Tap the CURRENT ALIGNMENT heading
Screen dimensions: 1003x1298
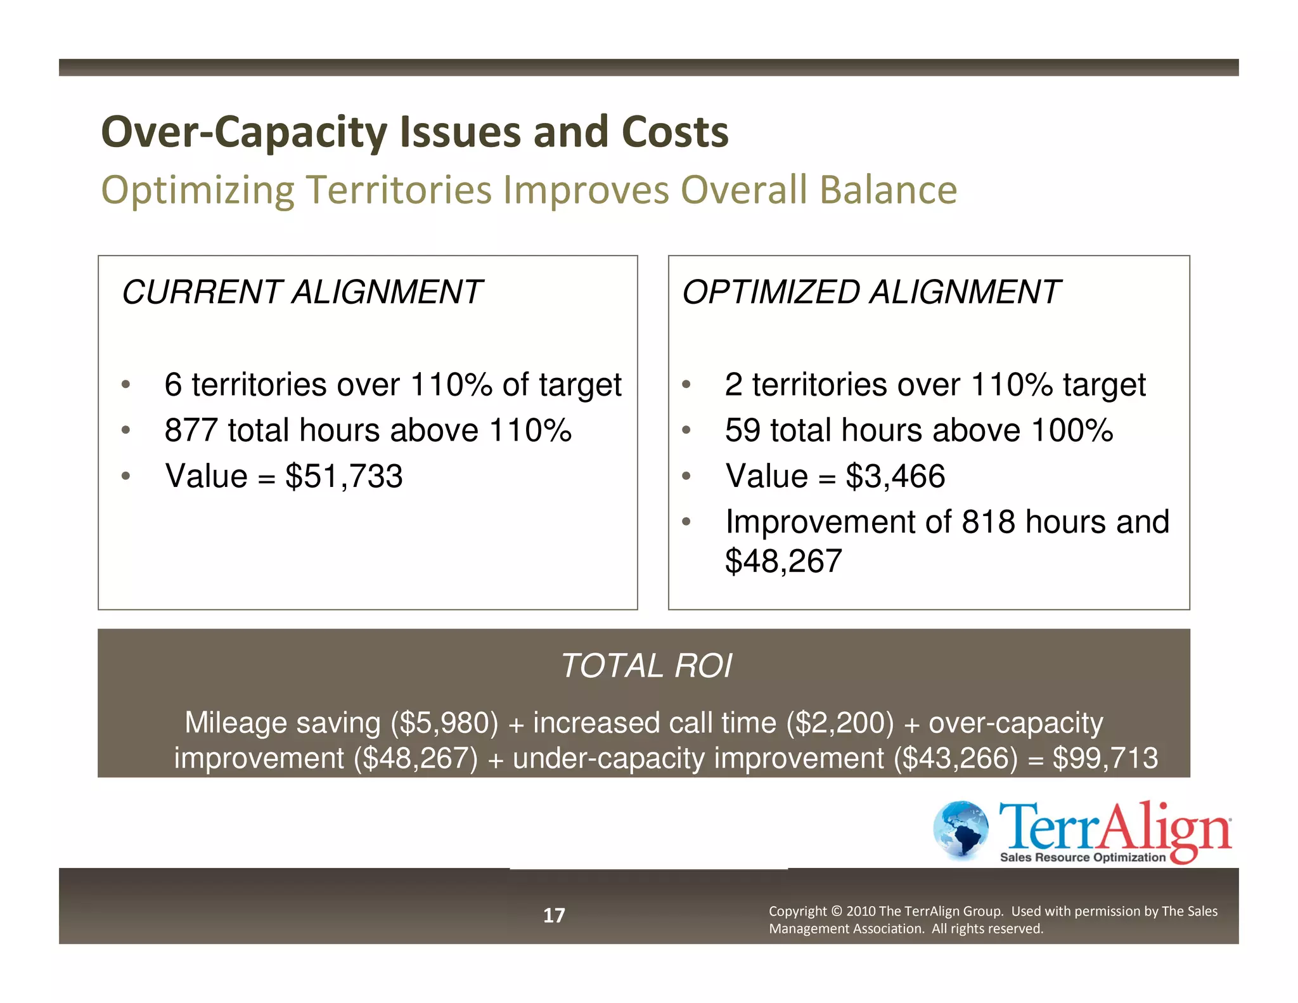click(x=302, y=292)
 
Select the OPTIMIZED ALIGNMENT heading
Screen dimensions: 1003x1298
click(x=870, y=292)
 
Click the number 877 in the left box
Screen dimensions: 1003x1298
click(x=191, y=430)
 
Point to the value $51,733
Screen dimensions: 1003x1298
click(x=344, y=476)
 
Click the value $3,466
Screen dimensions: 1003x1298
click(x=895, y=476)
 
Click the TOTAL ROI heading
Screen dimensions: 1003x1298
click(x=646, y=666)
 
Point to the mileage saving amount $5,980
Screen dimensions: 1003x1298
click(x=444, y=723)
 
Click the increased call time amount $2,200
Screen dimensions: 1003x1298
click(x=840, y=723)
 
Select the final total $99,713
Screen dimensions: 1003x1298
click(x=1105, y=758)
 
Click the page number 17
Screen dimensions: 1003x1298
click(x=554, y=915)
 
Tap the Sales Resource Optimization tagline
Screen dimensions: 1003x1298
click(x=1083, y=857)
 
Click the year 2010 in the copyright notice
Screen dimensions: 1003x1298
click(x=861, y=911)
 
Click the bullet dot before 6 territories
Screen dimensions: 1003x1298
click(x=125, y=384)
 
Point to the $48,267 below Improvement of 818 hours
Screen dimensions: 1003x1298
click(x=783, y=561)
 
